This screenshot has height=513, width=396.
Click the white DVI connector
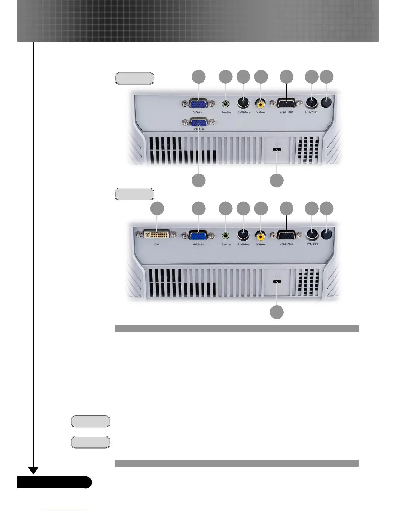[x=157, y=234]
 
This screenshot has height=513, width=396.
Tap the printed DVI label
[x=157, y=245]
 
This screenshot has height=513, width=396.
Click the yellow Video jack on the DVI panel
[x=260, y=235]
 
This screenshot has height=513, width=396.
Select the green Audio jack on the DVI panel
[x=226, y=235]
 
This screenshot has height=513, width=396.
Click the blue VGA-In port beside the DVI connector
[x=198, y=235]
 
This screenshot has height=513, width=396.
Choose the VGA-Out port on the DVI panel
[x=286, y=235]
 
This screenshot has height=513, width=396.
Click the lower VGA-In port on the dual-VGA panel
[x=199, y=123]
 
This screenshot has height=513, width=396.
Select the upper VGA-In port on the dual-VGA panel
[x=199, y=104]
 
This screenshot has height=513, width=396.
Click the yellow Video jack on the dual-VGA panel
[x=260, y=104]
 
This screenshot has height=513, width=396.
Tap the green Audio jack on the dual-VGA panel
[x=226, y=104]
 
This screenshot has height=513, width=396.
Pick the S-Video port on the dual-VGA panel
[x=243, y=103]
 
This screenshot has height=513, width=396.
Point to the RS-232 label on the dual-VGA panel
[x=311, y=112]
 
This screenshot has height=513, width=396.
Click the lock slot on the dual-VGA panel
[x=277, y=150]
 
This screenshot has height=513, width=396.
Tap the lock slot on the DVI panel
[x=277, y=282]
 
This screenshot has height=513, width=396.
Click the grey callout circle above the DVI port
[x=157, y=209]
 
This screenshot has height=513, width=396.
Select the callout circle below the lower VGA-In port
[x=199, y=180]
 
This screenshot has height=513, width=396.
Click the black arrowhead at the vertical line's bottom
[x=33, y=471]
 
